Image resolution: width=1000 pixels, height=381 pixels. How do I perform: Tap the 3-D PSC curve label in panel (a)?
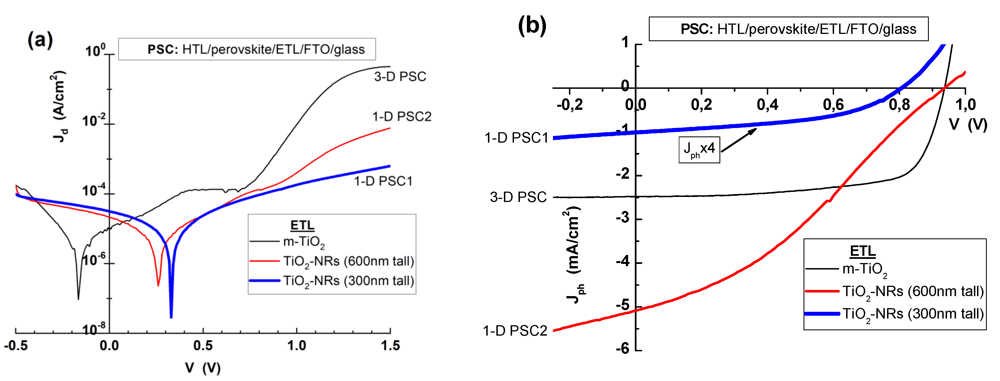(400, 76)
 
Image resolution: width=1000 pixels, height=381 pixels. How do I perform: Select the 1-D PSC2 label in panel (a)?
(402, 116)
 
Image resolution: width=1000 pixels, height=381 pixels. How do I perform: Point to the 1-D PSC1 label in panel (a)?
(383, 181)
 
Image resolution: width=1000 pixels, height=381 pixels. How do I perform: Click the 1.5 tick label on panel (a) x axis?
(390, 345)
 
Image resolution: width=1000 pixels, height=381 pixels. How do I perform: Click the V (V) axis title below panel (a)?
(203, 368)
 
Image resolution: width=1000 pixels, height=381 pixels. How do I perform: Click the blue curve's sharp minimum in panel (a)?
(171, 317)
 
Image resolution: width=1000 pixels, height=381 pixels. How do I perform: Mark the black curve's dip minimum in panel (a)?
(78, 298)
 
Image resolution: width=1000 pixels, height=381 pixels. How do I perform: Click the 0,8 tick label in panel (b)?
(899, 104)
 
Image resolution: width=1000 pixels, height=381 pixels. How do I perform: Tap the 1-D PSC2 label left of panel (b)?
(515, 331)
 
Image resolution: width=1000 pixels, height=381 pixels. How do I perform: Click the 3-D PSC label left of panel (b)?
(518, 197)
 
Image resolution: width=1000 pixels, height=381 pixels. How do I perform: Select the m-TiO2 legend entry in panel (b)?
(864, 268)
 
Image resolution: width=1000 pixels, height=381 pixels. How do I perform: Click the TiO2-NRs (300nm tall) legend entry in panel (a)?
(348, 280)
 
